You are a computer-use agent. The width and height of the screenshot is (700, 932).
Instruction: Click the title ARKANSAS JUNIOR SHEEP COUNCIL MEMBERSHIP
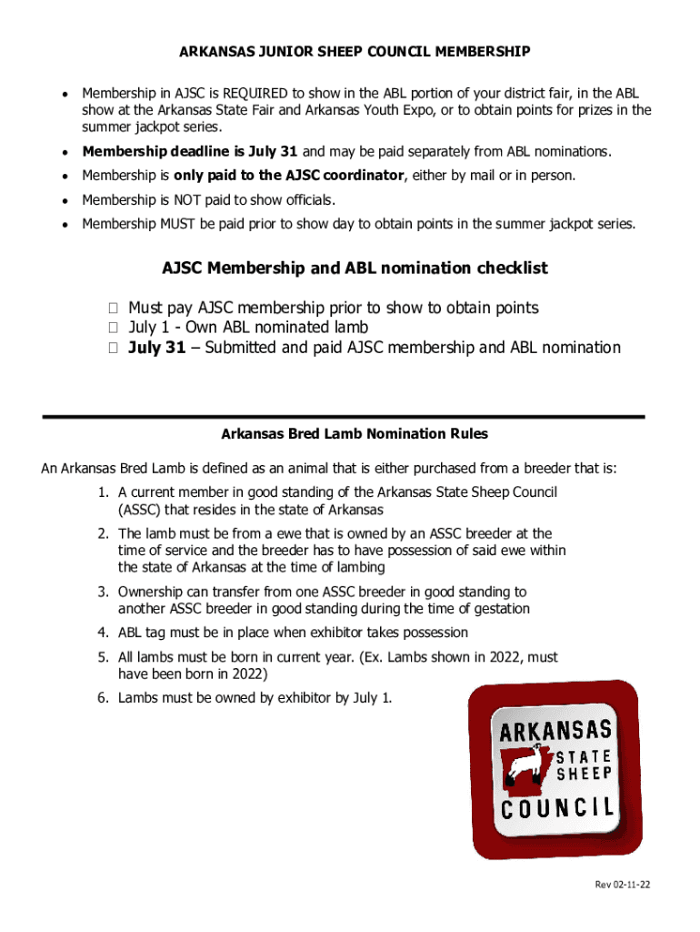click(355, 52)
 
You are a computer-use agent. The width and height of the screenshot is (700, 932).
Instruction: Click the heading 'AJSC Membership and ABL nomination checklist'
click(355, 268)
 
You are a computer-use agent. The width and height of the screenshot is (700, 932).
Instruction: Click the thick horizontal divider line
click(343, 416)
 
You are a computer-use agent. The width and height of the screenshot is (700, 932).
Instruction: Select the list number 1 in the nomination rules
click(104, 492)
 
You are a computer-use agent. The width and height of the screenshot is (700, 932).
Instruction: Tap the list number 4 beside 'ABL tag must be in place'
click(104, 633)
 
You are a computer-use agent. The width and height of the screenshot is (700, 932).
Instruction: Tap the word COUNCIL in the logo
click(555, 809)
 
